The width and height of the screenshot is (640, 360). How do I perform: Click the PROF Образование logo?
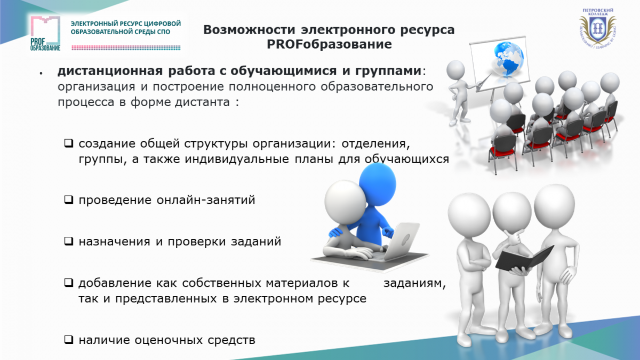pos(45,34)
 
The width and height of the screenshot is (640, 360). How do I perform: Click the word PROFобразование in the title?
pos(329,44)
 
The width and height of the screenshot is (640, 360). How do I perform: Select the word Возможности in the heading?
pos(249,30)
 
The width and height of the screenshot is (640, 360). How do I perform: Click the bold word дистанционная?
pos(110,71)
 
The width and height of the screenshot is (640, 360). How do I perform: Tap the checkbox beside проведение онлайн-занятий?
pos(69,199)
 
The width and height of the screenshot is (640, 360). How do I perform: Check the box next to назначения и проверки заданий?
pos(69,242)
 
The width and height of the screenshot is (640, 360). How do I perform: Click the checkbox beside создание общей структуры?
pos(69,143)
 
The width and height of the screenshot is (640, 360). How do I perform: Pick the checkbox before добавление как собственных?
pos(69,283)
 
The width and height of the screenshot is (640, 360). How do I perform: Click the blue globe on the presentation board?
pos(509,59)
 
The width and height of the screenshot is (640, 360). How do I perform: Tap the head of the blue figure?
pos(378,183)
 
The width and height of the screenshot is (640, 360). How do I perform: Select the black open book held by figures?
pos(524,259)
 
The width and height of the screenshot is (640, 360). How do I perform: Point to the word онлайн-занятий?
pos(206,199)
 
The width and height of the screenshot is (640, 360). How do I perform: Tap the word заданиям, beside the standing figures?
pos(414,283)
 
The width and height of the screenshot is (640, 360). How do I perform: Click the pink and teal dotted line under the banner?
pos(126,47)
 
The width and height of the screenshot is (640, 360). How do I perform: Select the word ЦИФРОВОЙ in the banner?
pos(163,23)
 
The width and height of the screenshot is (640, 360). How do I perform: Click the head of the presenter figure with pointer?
pos(455,70)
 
